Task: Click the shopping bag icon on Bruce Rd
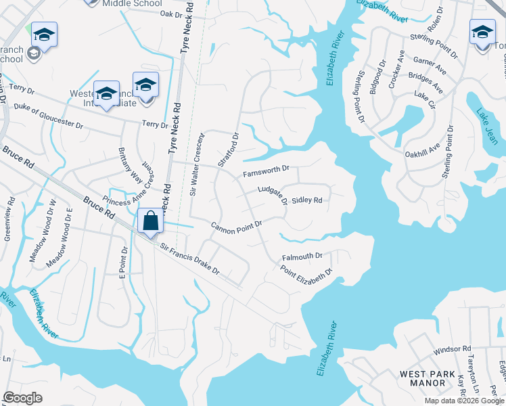coord(150,221)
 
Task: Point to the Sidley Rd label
coord(306,200)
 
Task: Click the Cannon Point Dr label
coord(235,227)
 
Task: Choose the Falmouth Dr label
coord(302,257)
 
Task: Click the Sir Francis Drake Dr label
coord(189,259)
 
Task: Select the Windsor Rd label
coord(452,350)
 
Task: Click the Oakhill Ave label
coord(423,148)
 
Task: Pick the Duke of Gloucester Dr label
coord(49,116)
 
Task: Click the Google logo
coord(23,398)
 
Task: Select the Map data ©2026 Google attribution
coord(464,401)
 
